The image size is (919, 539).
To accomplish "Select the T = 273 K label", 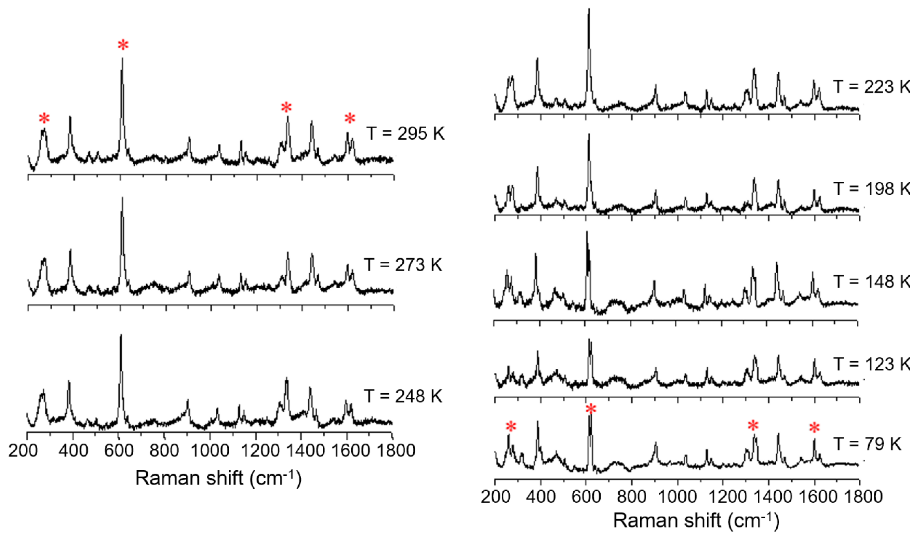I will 403,265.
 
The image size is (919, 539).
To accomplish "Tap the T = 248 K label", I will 403,396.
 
